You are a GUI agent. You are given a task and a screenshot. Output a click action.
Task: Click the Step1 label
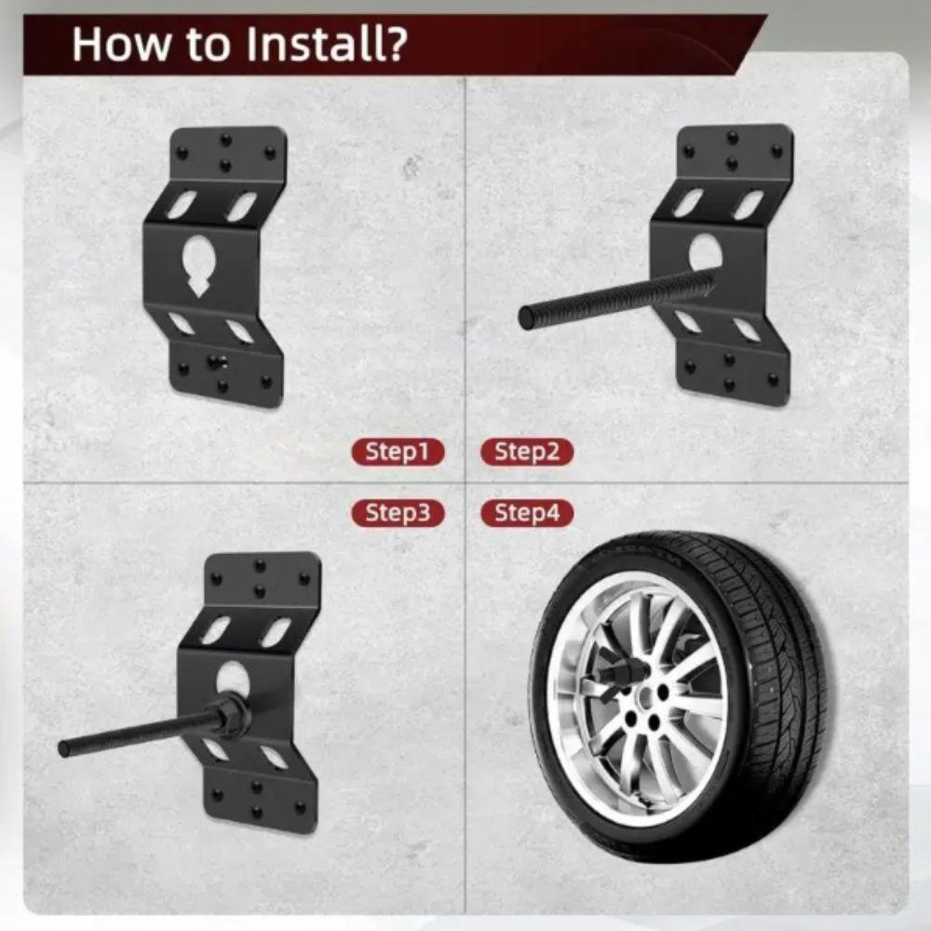click(x=398, y=452)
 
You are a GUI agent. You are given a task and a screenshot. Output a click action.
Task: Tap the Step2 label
click(x=527, y=452)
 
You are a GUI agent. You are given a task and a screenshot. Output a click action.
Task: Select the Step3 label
click(x=398, y=513)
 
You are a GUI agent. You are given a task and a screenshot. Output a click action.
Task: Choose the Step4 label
click(x=527, y=513)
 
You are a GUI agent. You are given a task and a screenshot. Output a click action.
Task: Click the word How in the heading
click(x=115, y=45)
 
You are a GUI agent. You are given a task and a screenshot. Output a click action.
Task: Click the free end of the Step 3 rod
click(x=64, y=749)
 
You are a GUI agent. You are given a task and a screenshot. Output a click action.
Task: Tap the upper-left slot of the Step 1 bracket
click(x=182, y=204)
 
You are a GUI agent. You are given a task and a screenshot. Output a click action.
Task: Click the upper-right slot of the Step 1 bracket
click(x=241, y=206)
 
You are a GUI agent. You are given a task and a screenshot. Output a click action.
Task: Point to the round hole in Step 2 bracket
click(x=705, y=252)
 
